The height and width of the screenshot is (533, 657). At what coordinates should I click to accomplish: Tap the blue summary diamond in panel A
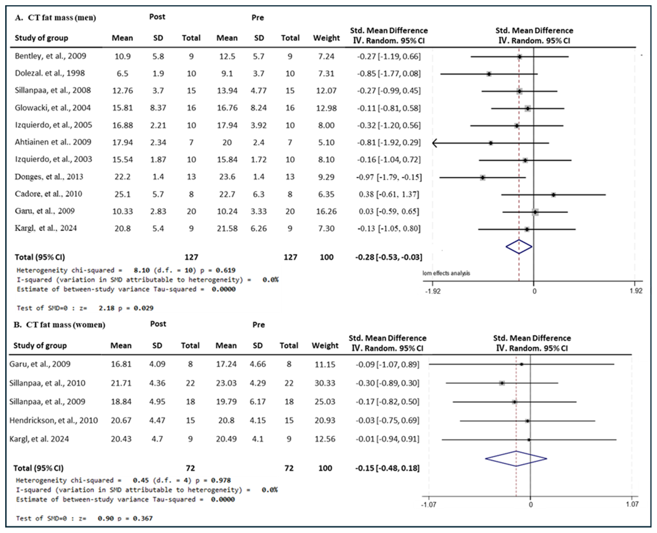click(x=519, y=247)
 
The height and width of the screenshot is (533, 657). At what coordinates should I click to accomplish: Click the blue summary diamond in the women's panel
click(x=516, y=459)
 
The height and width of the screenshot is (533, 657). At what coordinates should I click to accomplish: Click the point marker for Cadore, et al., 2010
click(x=553, y=195)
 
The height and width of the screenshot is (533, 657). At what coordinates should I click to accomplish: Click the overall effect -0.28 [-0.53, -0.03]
click(x=389, y=257)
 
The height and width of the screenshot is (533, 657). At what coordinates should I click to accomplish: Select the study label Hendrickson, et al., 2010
click(x=53, y=420)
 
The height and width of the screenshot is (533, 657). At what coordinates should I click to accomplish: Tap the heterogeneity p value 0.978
click(x=221, y=480)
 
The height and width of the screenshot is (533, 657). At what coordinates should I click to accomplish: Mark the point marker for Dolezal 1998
click(x=489, y=74)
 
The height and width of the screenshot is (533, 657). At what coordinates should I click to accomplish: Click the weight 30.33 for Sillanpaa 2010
click(x=325, y=383)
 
